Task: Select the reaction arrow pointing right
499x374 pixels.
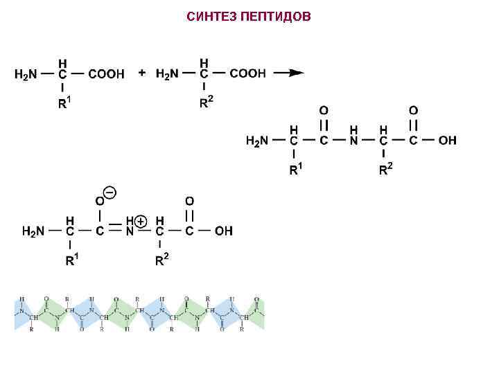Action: click(288, 73)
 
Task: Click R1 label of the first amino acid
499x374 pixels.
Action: click(64, 104)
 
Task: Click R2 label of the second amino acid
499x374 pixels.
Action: click(206, 103)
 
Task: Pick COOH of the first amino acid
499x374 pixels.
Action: click(106, 74)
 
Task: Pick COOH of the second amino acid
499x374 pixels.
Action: click(247, 74)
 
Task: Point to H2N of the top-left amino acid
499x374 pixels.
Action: click(26, 74)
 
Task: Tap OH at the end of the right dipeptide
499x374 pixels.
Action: click(448, 141)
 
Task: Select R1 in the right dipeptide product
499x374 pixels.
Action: click(296, 169)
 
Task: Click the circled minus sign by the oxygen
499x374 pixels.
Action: click(110, 191)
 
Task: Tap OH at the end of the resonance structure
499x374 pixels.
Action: click(224, 231)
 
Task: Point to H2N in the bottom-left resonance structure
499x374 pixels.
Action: click(34, 231)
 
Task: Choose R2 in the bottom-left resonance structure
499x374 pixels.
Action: click(161, 260)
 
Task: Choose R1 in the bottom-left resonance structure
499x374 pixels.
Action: click(72, 260)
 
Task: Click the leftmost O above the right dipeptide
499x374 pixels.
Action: click(324, 110)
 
